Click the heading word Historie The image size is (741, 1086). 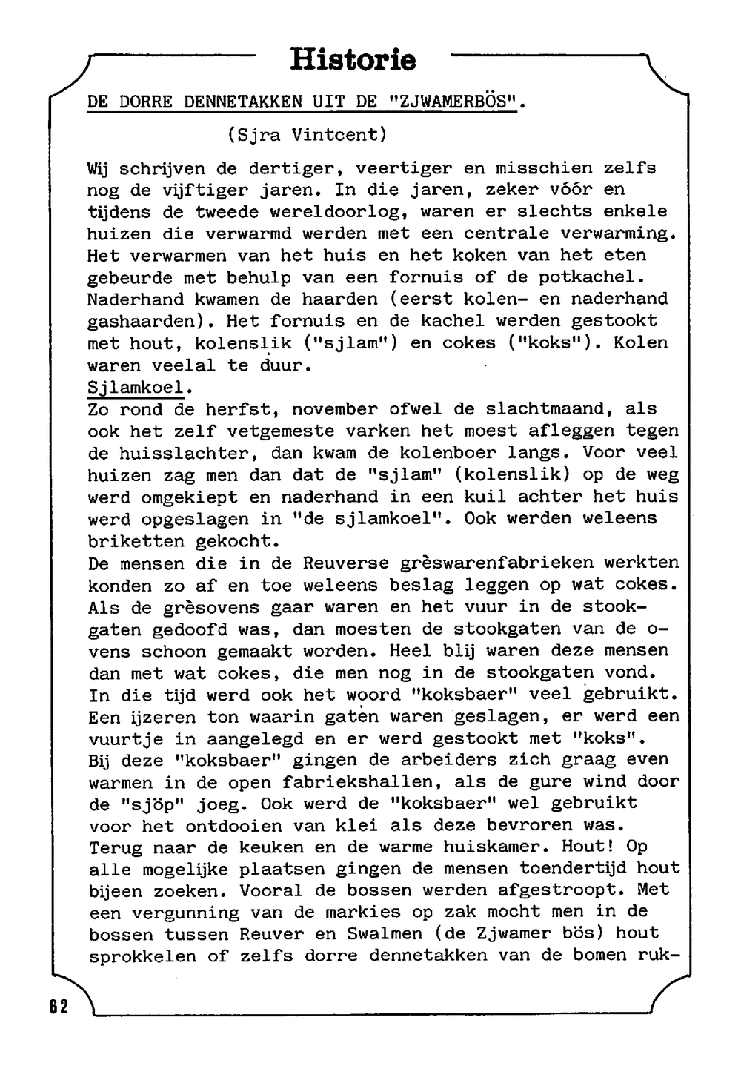pos(353,59)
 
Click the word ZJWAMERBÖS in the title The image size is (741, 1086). pos(453,102)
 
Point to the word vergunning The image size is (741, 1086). pos(185,912)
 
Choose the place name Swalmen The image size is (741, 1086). pos(385,933)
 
